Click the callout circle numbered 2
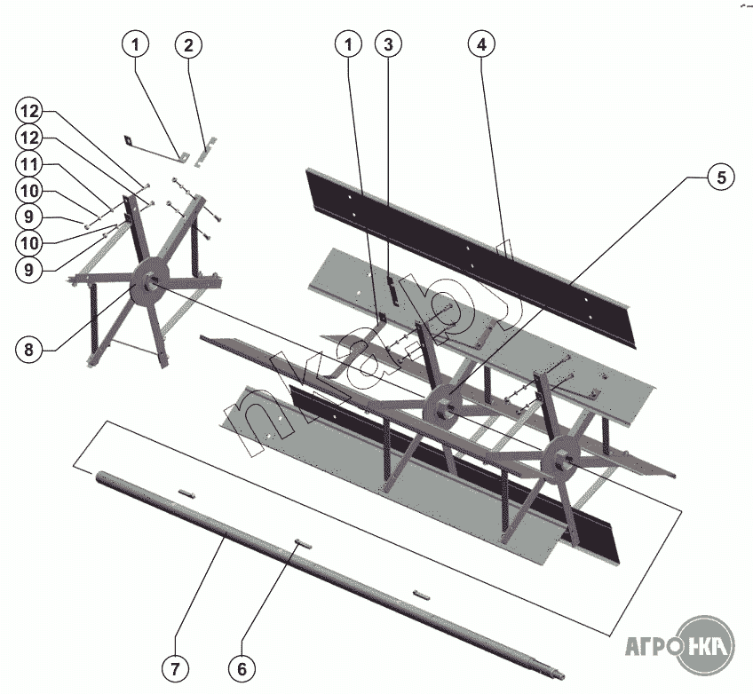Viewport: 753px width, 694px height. click(188, 43)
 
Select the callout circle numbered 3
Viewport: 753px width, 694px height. click(387, 43)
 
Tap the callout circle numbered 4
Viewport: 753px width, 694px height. click(480, 43)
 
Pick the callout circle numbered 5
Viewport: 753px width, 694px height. click(721, 177)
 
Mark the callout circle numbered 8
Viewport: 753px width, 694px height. click(29, 349)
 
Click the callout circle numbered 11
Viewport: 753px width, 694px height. click(29, 165)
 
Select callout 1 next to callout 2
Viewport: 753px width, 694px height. click(136, 43)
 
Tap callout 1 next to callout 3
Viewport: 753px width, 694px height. click(348, 43)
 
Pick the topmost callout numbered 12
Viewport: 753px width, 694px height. click(29, 112)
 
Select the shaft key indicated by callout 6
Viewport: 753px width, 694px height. click(300, 546)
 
